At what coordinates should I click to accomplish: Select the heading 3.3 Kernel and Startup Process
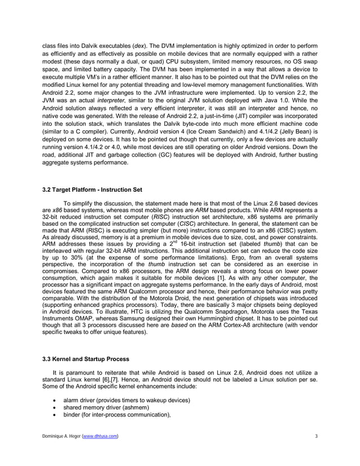(86, 359)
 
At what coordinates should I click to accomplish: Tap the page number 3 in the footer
(317, 437)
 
